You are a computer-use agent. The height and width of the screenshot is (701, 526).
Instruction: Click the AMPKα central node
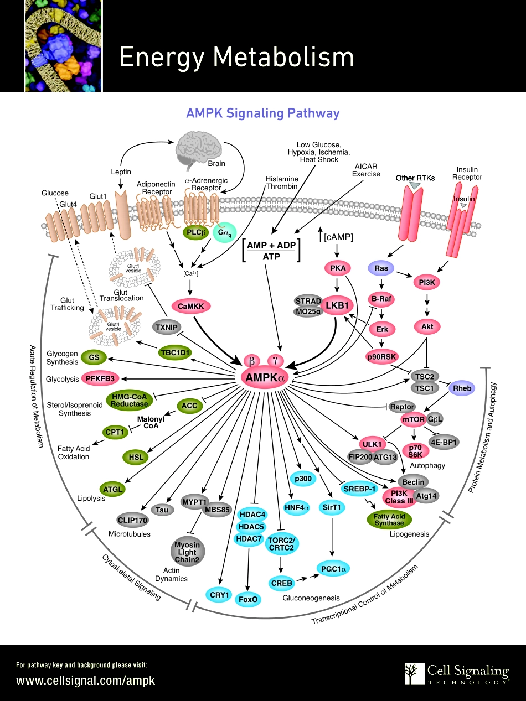pyautogui.click(x=263, y=377)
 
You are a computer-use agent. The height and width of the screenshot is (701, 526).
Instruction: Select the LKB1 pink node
pyautogui.click(x=337, y=305)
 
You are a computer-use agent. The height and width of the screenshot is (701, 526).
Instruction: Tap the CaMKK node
pyautogui.click(x=191, y=305)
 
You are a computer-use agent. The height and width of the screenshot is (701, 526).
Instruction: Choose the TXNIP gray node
pyautogui.click(x=166, y=327)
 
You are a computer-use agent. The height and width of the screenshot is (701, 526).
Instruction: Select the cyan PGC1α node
pyautogui.click(x=334, y=568)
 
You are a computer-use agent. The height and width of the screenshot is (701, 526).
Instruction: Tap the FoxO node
pyautogui.click(x=248, y=599)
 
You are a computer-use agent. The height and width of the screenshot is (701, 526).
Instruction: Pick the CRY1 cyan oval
pyautogui.click(x=219, y=595)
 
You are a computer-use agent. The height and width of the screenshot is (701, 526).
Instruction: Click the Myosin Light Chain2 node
pyautogui.click(x=187, y=553)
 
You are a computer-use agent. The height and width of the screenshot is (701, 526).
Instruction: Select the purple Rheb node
pyautogui.click(x=462, y=388)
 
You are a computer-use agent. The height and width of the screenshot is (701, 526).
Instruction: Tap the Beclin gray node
pyautogui.click(x=414, y=482)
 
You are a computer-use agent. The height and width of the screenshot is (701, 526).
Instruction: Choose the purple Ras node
pyautogui.click(x=381, y=268)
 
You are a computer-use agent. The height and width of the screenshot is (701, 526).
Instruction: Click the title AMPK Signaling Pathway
pyautogui.click(x=262, y=113)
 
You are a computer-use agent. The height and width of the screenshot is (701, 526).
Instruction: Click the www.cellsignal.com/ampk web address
pyautogui.click(x=86, y=681)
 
